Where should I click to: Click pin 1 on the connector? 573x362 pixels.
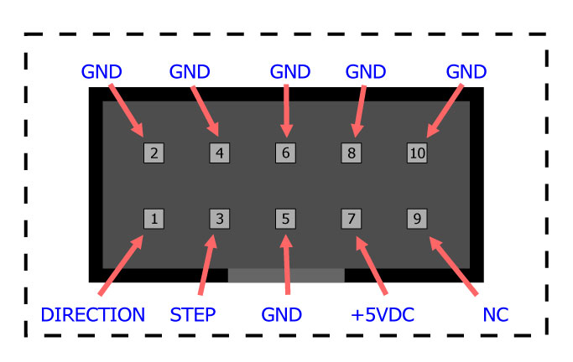pyautogui.click(x=154, y=219)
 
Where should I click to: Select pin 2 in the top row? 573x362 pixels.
pyautogui.click(x=154, y=153)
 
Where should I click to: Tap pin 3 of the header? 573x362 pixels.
pyautogui.click(x=219, y=219)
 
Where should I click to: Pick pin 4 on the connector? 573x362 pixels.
pyautogui.click(x=219, y=153)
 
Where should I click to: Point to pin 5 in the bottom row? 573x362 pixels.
pyautogui.click(x=285, y=219)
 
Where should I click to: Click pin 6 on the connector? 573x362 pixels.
pyautogui.click(x=285, y=153)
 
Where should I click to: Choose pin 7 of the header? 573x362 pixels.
pyautogui.click(x=352, y=219)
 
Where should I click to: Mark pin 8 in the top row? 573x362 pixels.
pyautogui.click(x=352, y=153)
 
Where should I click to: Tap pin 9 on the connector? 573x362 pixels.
pyautogui.click(x=417, y=219)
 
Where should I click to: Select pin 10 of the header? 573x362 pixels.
pyautogui.click(x=417, y=153)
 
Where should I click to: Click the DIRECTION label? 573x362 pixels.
pyautogui.click(x=92, y=315)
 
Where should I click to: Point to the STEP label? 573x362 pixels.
pyautogui.click(x=192, y=315)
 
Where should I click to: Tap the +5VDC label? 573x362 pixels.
pyautogui.click(x=383, y=315)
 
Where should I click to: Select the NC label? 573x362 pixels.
pyautogui.click(x=496, y=315)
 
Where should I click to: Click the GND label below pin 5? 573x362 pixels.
pyautogui.click(x=282, y=315)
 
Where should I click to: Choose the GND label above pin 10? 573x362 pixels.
pyautogui.click(x=466, y=71)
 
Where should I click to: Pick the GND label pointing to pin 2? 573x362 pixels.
pyautogui.click(x=102, y=71)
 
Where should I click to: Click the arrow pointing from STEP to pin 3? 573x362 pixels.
pyautogui.click(x=207, y=264)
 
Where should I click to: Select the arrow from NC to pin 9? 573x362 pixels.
pyautogui.click(x=453, y=266)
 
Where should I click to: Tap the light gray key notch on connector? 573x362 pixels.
pyautogui.click(x=286, y=275)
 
